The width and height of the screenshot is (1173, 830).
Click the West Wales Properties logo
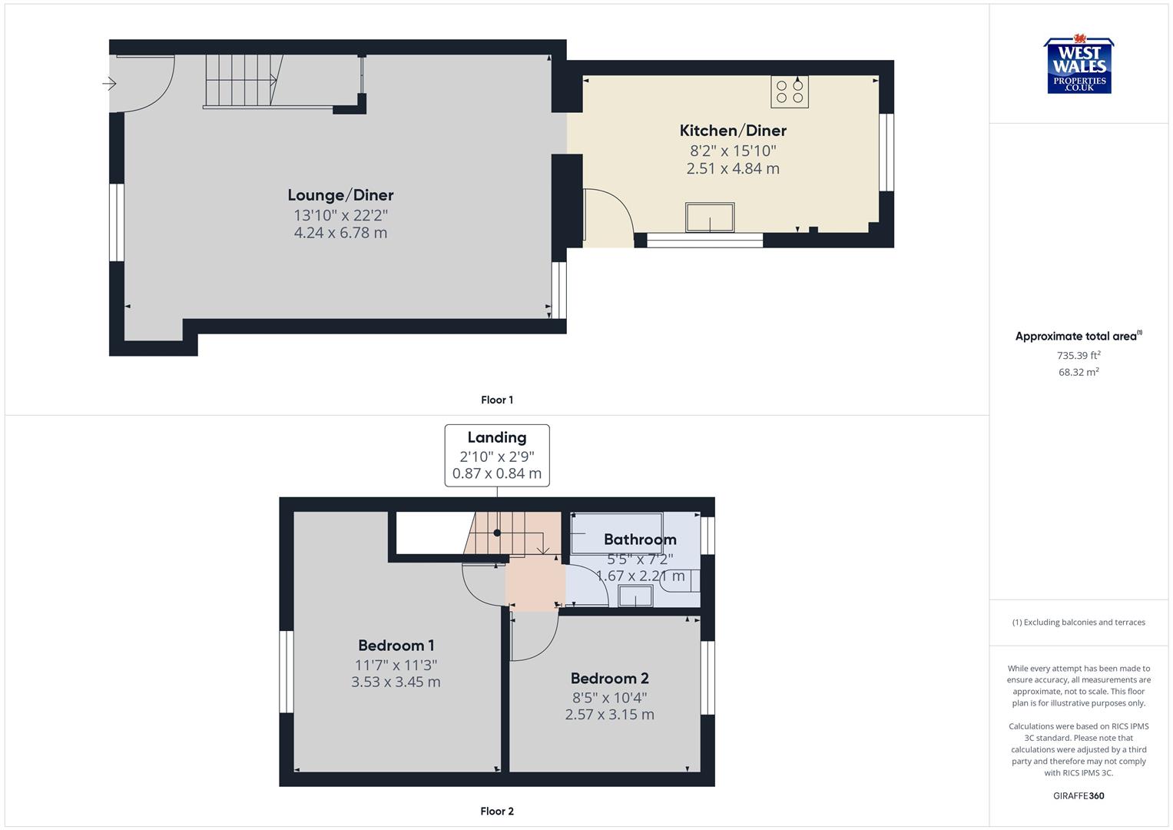(1079, 65)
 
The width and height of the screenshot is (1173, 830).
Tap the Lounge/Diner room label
(340, 195)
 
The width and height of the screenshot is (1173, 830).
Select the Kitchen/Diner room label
(732, 131)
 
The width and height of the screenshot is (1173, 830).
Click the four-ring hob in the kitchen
(790, 91)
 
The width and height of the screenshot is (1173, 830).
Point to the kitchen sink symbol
(710, 217)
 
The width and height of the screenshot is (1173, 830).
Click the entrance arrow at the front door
(109, 84)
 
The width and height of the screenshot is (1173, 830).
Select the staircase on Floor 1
(240, 80)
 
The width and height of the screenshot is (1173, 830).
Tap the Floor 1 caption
(497, 400)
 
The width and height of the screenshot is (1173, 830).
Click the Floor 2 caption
(497, 811)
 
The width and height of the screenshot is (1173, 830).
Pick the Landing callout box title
(497, 437)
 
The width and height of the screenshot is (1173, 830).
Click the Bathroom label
(639, 539)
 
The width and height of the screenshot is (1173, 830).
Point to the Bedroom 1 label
(396, 646)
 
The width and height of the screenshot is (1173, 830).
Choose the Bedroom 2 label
(609, 679)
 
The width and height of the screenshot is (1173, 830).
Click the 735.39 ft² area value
(1079, 355)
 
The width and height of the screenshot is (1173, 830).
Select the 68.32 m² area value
(1079, 372)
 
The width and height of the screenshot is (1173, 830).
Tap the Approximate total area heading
(1077, 337)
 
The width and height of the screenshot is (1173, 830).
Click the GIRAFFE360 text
(1079, 796)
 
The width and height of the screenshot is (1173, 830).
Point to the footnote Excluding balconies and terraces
(1079, 622)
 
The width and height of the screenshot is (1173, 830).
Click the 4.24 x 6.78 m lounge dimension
(340, 233)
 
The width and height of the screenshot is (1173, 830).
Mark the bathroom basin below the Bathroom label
(635, 596)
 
